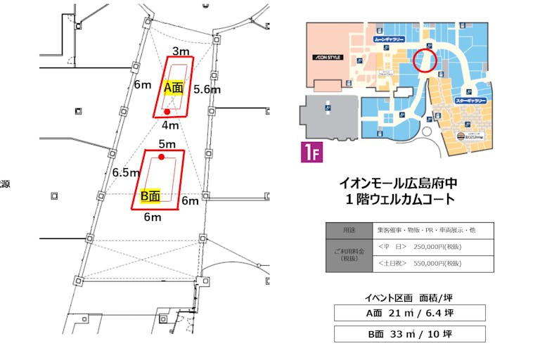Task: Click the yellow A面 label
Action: click(173, 89)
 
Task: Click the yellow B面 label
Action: click(151, 196)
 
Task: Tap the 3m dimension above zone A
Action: click(181, 51)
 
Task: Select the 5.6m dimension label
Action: click(207, 89)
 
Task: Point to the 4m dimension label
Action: click(169, 125)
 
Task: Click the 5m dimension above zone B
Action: click(167, 144)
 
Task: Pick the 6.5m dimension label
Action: click(126, 172)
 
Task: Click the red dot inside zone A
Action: click(167, 112)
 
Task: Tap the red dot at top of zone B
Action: click(162, 157)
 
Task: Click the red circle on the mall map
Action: click(425, 60)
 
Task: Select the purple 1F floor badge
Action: click(311, 153)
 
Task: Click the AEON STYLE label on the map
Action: click(328, 57)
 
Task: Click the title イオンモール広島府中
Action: click(398, 183)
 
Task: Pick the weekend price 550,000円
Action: click(420, 264)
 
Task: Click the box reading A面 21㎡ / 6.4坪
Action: click(409, 312)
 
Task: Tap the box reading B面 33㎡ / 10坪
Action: click(409, 334)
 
